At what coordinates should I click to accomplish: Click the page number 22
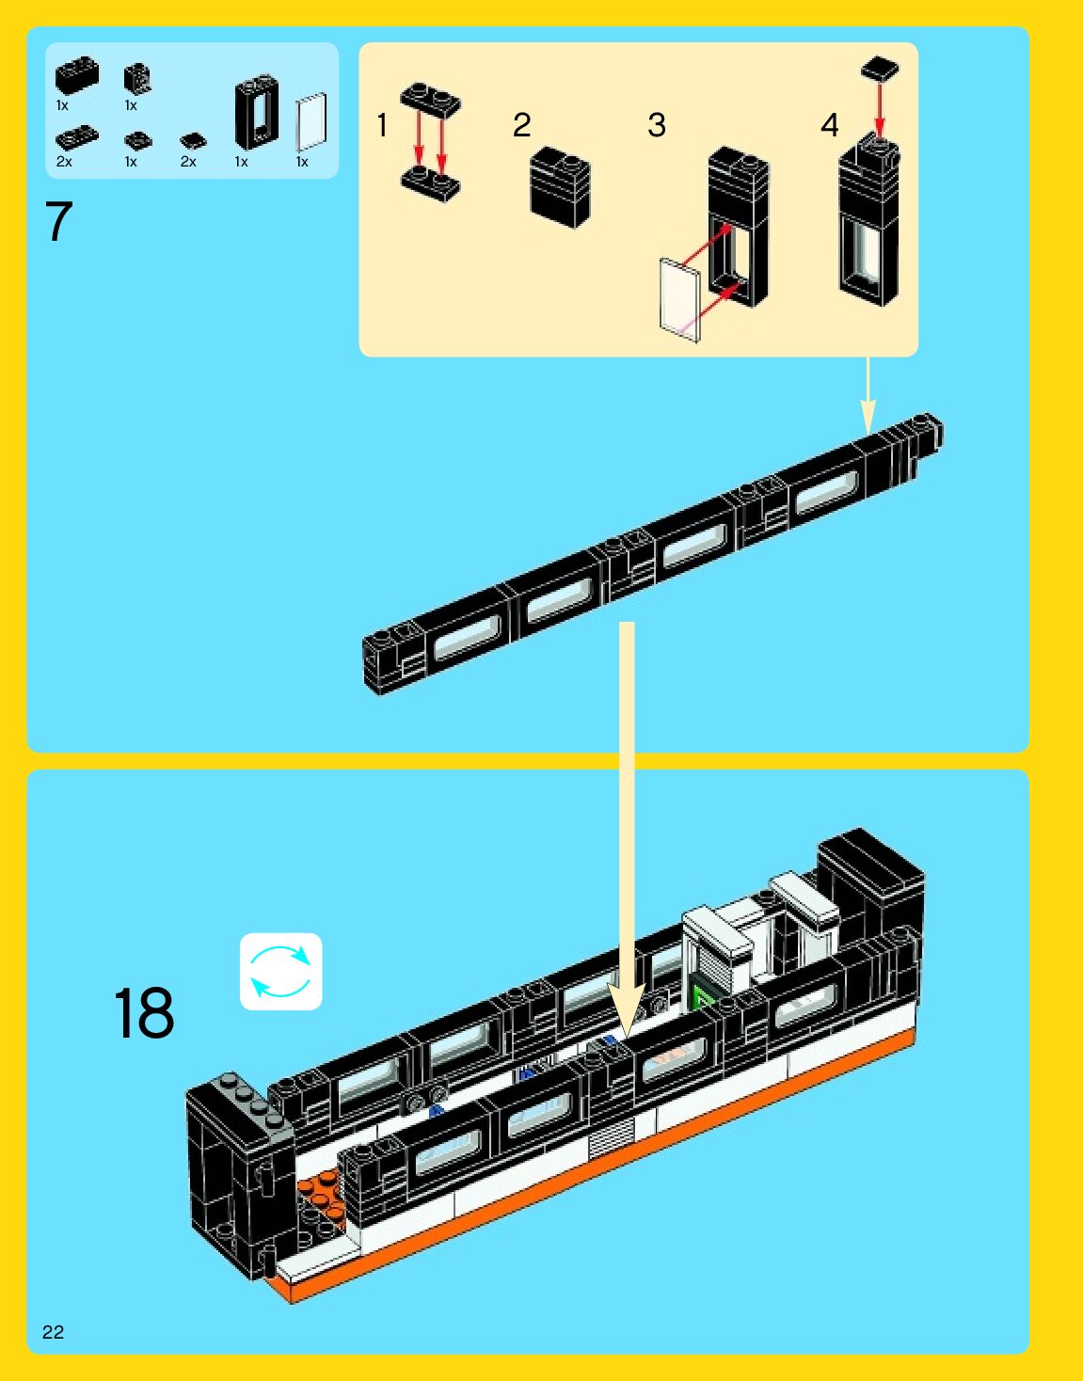coord(53,1331)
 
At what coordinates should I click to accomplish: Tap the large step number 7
coord(58,222)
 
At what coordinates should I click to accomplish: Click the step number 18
coord(144,1013)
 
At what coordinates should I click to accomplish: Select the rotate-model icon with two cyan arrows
coord(280,971)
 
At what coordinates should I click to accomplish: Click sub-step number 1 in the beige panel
coord(382,124)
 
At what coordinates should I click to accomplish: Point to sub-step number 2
coord(521,124)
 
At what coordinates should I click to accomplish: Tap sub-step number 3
coord(657,124)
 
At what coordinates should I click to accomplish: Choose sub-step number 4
coord(829,124)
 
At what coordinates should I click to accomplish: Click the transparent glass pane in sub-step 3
coord(679,295)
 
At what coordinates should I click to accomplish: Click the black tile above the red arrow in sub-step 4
coord(880,69)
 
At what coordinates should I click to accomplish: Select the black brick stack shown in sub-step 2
coord(560,186)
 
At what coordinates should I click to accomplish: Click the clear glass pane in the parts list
coord(311,121)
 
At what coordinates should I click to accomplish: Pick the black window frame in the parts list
coord(256,113)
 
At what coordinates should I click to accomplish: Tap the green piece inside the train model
coord(702,996)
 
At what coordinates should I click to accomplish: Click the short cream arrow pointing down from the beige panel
coord(868,395)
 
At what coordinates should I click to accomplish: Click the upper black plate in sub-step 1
coord(431,100)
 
